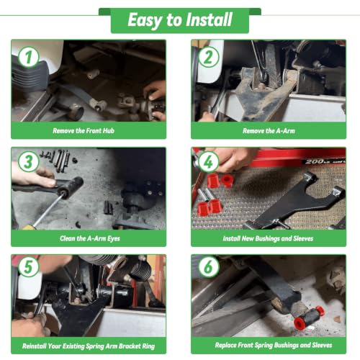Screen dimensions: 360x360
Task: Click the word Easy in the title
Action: tap(145, 21)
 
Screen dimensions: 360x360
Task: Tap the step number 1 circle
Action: tap(28, 57)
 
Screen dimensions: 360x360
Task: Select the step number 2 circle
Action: tap(208, 57)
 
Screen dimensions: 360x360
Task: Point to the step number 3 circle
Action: tap(28, 161)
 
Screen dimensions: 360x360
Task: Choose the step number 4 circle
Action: tap(208, 161)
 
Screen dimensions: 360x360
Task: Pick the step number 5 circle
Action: tap(28, 266)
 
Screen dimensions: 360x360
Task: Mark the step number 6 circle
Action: tap(208, 266)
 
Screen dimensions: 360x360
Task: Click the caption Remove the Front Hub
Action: tap(84, 131)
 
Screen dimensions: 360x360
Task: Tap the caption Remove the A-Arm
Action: tap(269, 131)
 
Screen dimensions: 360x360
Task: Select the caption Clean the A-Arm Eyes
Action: tap(90, 238)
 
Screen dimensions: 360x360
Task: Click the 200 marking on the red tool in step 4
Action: tap(312, 161)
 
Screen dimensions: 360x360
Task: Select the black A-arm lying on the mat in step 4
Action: tap(294, 202)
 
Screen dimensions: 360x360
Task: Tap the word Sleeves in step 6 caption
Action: tap(322, 345)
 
